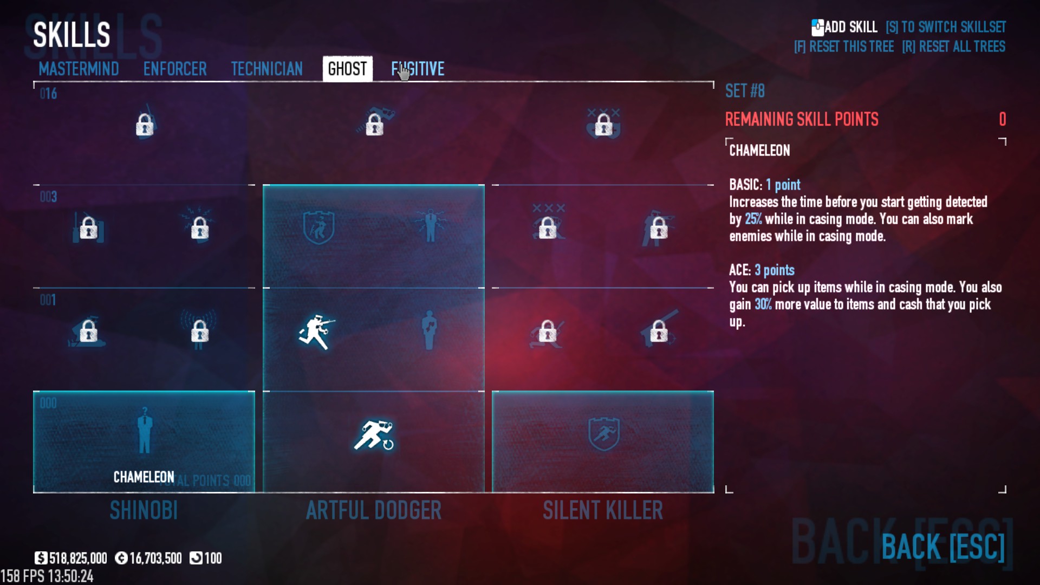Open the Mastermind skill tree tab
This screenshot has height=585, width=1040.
pyautogui.click(x=79, y=69)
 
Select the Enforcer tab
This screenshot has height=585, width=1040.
pyautogui.click(x=175, y=69)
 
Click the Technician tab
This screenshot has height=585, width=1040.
pyautogui.click(x=266, y=69)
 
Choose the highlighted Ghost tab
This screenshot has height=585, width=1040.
pyautogui.click(x=347, y=69)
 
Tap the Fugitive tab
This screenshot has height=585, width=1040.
pyautogui.click(x=418, y=69)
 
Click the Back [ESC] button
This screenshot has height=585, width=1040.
pyautogui.click(x=942, y=547)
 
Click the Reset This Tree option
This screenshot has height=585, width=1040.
pyautogui.click(x=844, y=47)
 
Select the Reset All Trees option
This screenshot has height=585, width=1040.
pyautogui.click(x=953, y=47)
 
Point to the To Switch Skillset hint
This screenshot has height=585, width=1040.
pyautogui.click(x=946, y=27)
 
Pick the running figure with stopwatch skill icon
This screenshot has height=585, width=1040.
pyautogui.click(x=374, y=435)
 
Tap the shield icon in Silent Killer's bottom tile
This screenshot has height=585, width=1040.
pyautogui.click(x=603, y=434)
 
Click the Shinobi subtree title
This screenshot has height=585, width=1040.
pyautogui.click(x=144, y=510)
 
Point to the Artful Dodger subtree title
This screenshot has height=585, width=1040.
pyautogui.click(x=374, y=510)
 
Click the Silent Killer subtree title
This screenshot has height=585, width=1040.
pyautogui.click(x=603, y=510)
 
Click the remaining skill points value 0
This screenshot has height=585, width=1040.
pyautogui.click(x=1002, y=119)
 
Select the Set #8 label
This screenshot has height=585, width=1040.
pyautogui.click(x=745, y=91)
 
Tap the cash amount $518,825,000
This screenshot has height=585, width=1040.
pyautogui.click(x=71, y=558)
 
